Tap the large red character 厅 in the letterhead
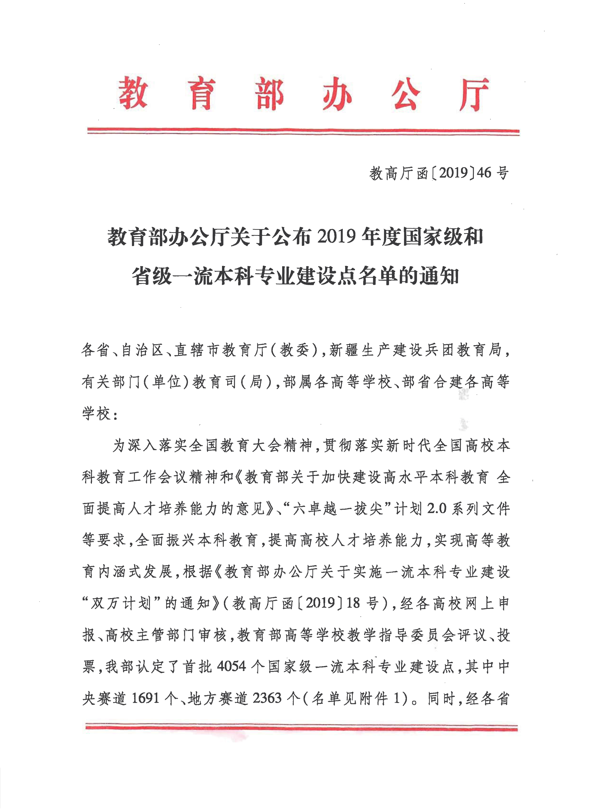tap(475, 94)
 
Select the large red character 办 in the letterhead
tap(337, 94)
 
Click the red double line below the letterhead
tap(303, 131)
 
